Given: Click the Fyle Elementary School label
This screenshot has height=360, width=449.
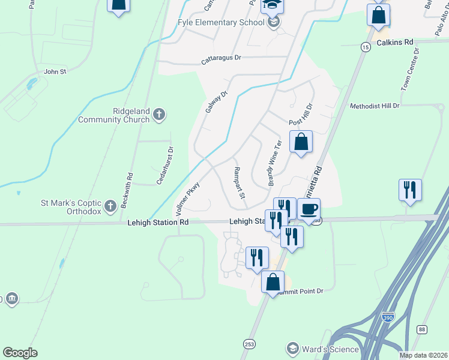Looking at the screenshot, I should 221,23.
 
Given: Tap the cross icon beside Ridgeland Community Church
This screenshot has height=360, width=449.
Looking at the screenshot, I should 159,115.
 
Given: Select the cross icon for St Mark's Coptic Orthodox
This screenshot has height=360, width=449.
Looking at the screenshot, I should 110,207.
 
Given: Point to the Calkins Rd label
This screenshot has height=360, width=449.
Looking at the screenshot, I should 396,43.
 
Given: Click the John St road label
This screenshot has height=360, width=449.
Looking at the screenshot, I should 55,71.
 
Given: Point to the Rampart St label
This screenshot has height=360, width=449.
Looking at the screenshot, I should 239,183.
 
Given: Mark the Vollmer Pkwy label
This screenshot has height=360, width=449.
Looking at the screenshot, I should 187,199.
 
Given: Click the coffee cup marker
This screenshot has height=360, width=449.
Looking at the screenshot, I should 309,209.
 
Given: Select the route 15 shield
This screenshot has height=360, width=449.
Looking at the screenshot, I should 366,46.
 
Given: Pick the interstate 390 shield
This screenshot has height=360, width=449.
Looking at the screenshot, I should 388,316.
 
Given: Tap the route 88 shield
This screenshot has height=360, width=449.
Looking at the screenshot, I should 423,329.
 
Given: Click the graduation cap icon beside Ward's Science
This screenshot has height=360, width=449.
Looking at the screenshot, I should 292,349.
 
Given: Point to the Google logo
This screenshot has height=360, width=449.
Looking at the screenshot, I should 20,353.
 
